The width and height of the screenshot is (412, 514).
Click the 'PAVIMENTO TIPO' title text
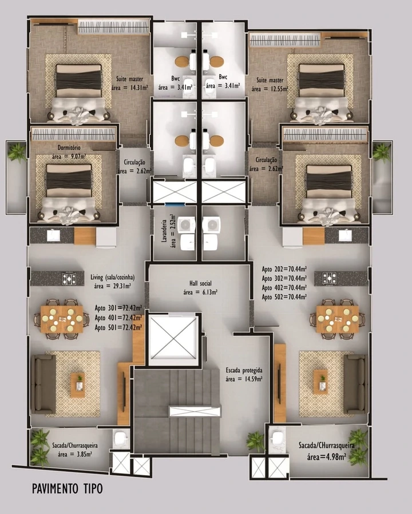(x=68, y=488)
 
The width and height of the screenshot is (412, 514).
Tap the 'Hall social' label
(x=200, y=283)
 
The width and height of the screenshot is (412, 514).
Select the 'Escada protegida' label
(x=244, y=371)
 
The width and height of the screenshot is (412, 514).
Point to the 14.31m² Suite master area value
(x=129, y=87)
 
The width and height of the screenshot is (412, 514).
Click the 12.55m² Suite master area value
(x=270, y=89)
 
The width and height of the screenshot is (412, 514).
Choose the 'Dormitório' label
(x=69, y=148)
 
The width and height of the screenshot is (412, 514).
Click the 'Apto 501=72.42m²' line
(x=118, y=327)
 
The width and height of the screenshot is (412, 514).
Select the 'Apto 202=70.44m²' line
(x=284, y=269)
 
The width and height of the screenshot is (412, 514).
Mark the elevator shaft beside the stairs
(x=173, y=339)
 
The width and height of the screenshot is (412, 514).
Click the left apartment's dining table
(x=62, y=319)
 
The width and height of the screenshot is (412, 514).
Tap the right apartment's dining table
(x=338, y=319)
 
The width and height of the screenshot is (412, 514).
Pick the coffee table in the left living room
(x=78, y=385)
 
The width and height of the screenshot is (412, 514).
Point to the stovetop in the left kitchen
(x=69, y=279)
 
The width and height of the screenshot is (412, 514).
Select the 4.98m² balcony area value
(x=327, y=457)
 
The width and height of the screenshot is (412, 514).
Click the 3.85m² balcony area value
(x=75, y=455)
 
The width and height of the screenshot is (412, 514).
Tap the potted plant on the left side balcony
(x=17, y=152)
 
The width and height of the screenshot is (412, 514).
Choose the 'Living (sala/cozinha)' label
(x=112, y=278)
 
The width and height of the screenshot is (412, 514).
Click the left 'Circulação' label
(x=134, y=162)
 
